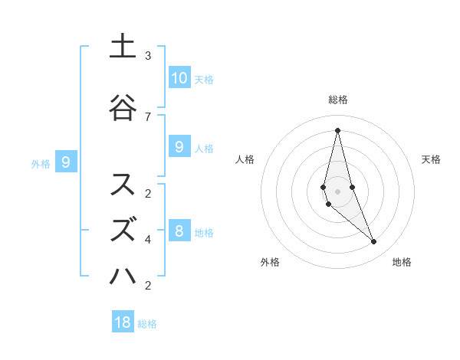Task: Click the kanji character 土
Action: point(123,47)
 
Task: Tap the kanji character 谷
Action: point(123,107)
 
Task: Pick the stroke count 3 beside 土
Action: point(148,55)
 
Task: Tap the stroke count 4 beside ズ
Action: point(148,239)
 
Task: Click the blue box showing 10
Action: point(179,78)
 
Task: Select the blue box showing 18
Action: point(123,322)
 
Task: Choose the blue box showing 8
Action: point(179,231)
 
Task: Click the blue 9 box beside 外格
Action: point(66,162)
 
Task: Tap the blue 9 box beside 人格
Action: point(179,146)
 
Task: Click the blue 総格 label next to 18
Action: point(147,324)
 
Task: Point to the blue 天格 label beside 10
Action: point(204,80)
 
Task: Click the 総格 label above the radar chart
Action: point(337,100)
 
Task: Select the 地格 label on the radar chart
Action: point(402,262)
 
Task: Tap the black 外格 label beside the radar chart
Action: point(270,262)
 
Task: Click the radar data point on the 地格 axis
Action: point(374,242)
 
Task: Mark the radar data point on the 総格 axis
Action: point(337,129)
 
